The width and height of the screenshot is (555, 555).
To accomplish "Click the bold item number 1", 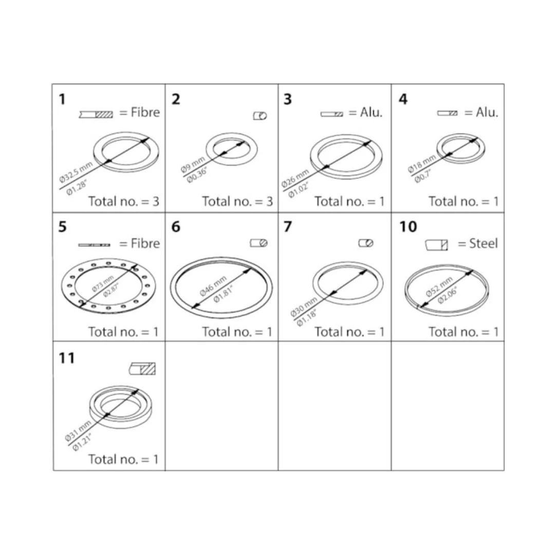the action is pos(62,99).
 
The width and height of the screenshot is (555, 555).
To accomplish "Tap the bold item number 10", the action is pos(408,227).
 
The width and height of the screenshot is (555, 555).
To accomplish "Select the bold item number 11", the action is pos(67,358).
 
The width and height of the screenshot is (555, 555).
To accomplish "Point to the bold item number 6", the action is pos(176,227).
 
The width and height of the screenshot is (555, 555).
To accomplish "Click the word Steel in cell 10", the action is pos(483,244).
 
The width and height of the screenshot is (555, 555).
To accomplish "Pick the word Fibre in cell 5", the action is pos(145,244).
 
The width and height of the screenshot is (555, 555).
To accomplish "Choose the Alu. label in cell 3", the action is pos(372,112).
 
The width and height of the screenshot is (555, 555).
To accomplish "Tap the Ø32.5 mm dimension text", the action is pos(76,172).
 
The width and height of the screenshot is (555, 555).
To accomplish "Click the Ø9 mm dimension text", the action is pos(193,164).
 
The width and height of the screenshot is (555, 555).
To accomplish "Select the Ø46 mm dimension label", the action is pos(213,286).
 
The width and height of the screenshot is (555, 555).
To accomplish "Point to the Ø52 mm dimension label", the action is pos(439,287).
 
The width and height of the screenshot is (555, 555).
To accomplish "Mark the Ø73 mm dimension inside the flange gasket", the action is pos(103,283).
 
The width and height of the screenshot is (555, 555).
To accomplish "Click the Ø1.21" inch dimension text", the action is pos(82,442).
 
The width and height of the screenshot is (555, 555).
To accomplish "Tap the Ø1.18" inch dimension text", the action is pos(306,318).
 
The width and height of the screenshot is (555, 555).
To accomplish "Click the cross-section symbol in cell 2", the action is pos(260,116).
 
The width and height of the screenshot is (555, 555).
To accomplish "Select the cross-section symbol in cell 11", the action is pos(142,369).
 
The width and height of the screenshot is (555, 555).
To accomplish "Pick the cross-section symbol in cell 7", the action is pos(366,243).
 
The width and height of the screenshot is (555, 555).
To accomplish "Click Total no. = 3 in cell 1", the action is pos(123,201).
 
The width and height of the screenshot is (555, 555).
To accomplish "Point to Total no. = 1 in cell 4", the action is pos(464,201).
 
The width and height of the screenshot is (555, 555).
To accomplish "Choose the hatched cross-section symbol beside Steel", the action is pos(436,245).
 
